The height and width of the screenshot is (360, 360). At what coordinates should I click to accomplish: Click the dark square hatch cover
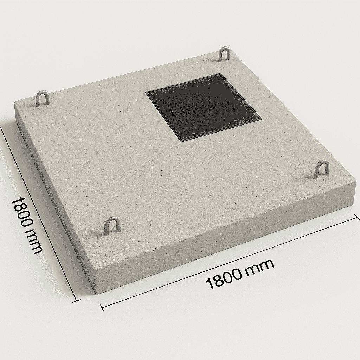tap(204, 108)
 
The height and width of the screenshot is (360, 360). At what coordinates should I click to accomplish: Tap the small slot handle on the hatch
tap(171, 112)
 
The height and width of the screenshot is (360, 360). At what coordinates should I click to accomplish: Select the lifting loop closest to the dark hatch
tap(224, 54)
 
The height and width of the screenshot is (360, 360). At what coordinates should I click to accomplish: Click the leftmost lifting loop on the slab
tap(43, 99)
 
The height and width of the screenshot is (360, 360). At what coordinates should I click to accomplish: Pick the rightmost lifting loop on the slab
tap(321, 169)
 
